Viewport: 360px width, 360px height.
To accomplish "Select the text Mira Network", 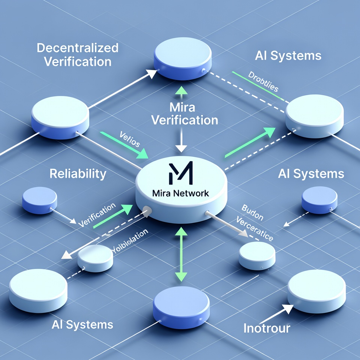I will (x=181, y=194).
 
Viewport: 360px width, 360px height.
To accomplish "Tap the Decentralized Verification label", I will (x=78, y=54).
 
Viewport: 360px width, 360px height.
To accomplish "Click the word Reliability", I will (x=78, y=174).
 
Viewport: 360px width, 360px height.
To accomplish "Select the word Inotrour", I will (x=267, y=328).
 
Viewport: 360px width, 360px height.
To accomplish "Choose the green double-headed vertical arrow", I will (x=181, y=254).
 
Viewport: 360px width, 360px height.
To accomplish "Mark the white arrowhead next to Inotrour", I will (x=286, y=309).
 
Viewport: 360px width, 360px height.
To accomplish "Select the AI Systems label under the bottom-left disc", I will (x=82, y=324).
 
